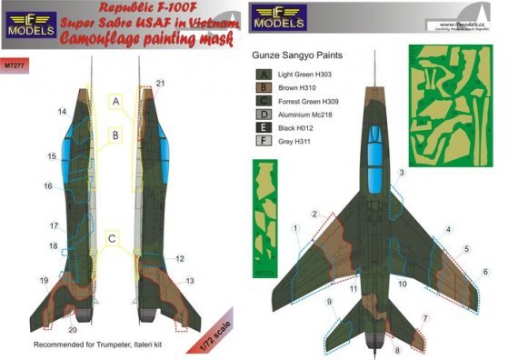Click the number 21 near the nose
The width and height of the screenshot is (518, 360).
[160, 84]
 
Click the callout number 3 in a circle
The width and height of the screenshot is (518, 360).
[401, 173]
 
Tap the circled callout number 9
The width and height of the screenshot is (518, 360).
[329, 301]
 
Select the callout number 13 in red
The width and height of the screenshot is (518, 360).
[189, 281]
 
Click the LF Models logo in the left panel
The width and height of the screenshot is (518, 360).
[30, 25]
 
